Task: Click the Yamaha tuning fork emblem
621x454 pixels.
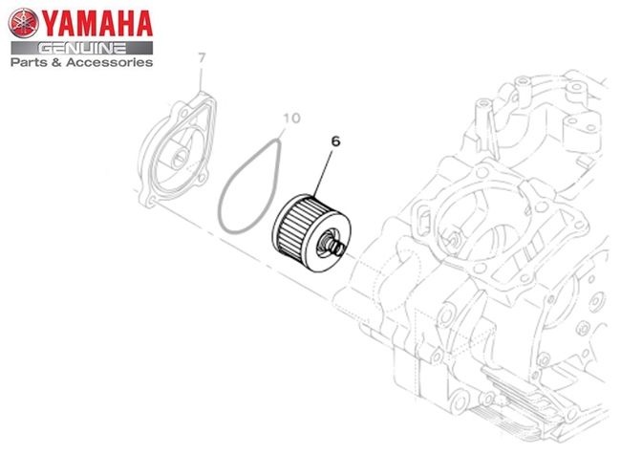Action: pos(23,23)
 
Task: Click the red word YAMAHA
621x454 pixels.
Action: pos(96,24)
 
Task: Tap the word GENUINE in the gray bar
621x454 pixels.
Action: pos(82,49)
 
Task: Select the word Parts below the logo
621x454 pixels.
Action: pos(27,62)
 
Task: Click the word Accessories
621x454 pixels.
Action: pos(109,62)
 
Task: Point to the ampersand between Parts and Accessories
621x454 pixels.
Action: pos(54,62)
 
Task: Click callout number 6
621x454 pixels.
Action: pos(335,141)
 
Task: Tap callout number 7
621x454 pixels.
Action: pos(202,58)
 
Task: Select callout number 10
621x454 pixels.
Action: pos(292,119)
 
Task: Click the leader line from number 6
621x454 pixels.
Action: pos(323,172)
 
